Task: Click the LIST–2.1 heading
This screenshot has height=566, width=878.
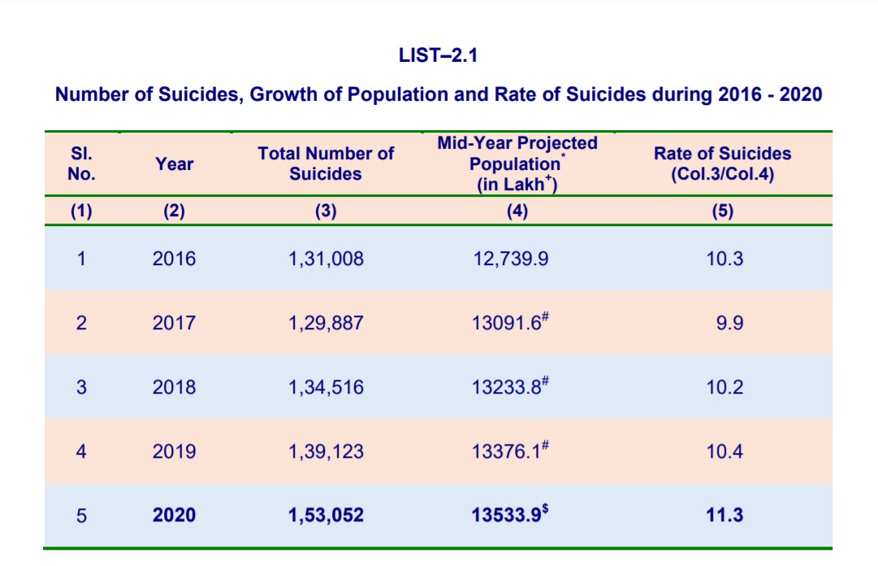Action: (x=438, y=55)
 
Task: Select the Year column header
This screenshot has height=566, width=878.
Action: (x=174, y=163)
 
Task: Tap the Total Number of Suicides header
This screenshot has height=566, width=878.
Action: (x=326, y=163)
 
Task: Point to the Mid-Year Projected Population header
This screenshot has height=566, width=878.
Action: (x=517, y=163)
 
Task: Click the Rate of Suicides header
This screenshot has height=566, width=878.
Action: (x=722, y=163)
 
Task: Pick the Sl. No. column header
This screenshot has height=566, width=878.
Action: (x=81, y=163)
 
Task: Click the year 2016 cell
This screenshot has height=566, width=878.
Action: (x=174, y=259)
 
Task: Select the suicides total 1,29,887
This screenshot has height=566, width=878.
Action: (x=326, y=323)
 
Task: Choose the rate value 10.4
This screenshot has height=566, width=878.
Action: (x=724, y=451)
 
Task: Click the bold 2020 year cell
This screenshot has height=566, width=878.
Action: (x=174, y=515)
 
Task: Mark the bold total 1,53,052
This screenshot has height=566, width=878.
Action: (x=326, y=515)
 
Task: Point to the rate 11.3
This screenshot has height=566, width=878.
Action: (x=724, y=515)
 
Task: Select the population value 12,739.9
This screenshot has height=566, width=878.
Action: (x=511, y=259)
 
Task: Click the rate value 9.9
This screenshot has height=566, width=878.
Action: (x=729, y=323)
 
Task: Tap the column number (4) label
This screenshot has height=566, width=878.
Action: (x=517, y=211)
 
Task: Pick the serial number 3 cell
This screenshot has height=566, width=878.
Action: (x=81, y=387)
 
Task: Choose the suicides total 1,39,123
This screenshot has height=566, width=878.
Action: (x=326, y=451)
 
